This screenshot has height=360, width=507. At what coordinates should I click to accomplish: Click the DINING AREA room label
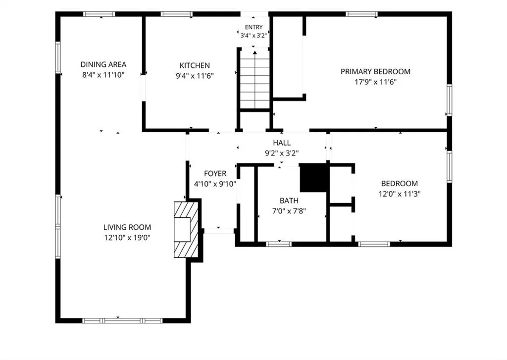click(x=103, y=64)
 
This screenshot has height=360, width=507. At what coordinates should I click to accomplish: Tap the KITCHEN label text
click(x=195, y=65)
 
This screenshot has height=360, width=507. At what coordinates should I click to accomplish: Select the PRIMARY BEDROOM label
click(x=375, y=71)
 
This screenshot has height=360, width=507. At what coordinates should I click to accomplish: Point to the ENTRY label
click(x=253, y=27)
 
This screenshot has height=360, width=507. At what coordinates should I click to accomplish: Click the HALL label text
click(x=282, y=143)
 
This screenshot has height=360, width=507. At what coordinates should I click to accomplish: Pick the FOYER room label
click(x=215, y=174)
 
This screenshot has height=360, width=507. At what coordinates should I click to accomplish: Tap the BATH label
click(x=289, y=201)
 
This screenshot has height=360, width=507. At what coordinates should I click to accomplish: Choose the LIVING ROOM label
click(x=127, y=227)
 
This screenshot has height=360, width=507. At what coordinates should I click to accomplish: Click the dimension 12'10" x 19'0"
click(x=127, y=238)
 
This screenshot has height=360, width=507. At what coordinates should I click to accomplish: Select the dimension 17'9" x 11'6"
click(x=375, y=82)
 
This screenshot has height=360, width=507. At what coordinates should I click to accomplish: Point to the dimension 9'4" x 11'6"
click(x=195, y=76)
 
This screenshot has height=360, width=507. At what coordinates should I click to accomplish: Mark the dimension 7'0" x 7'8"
click(x=289, y=211)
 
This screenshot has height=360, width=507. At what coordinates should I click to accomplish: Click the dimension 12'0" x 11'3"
click(x=400, y=194)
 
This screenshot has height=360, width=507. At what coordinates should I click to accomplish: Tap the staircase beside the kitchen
click(x=255, y=79)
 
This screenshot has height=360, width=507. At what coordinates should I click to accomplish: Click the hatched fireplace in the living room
click(x=186, y=230)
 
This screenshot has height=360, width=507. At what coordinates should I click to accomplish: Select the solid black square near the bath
click(x=313, y=178)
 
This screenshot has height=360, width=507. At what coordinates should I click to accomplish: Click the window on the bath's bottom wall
click(x=279, y=244)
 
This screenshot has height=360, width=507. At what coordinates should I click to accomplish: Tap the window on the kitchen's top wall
click(x=177, y=14)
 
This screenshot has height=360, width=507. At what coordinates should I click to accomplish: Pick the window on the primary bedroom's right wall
click(x=449, y=100)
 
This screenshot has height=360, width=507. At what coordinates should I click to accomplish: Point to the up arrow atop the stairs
click(x=255, y=52)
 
